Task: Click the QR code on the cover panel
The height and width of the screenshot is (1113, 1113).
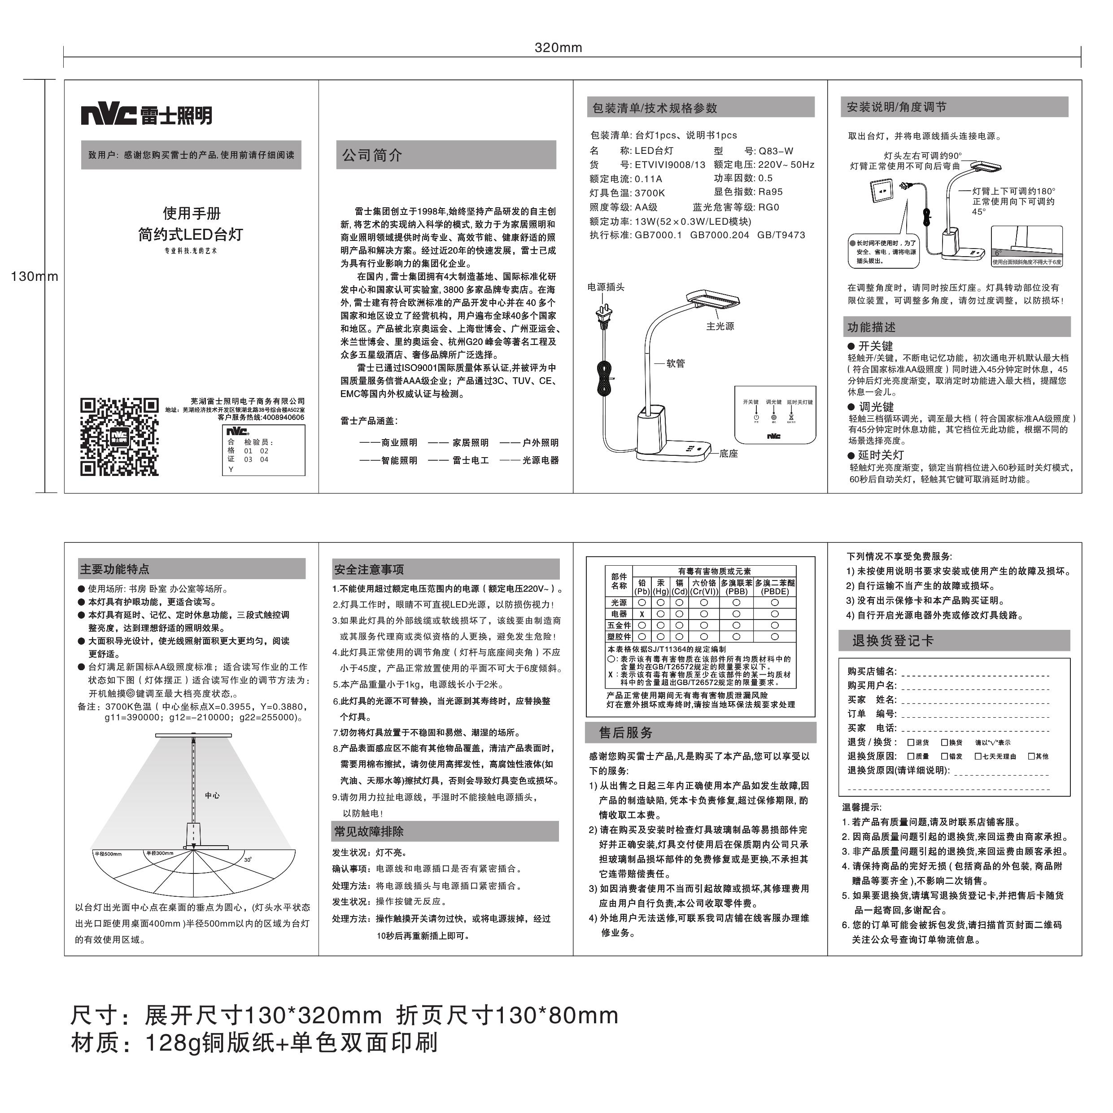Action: [x=119, y=436]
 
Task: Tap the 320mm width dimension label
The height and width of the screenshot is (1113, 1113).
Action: [x=558, y=48]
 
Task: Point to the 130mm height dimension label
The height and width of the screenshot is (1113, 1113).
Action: [x=34, y=276]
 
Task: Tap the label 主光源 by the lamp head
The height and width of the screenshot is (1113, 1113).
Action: [x=720, y=326]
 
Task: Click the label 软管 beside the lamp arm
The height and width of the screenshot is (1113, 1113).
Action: [x=676, y=363]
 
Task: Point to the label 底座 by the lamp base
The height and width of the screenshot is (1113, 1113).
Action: [x=728, y=454]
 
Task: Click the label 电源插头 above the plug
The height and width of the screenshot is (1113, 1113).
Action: [x=606, y=287]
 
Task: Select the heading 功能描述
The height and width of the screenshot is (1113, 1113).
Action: [x=871, y=327]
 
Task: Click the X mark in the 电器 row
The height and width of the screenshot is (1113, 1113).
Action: [x=642, y=614]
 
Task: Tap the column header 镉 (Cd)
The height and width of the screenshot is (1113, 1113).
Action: [x=679, y=587]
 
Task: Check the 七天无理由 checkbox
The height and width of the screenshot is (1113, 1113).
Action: [x=977, y=756]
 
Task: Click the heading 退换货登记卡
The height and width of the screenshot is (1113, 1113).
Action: [x=892, y=641]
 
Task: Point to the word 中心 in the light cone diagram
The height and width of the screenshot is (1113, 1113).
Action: [x=212, y=795]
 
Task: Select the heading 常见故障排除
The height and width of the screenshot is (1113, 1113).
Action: [x=369, y=832]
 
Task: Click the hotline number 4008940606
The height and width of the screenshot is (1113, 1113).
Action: [x=283, y=417]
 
